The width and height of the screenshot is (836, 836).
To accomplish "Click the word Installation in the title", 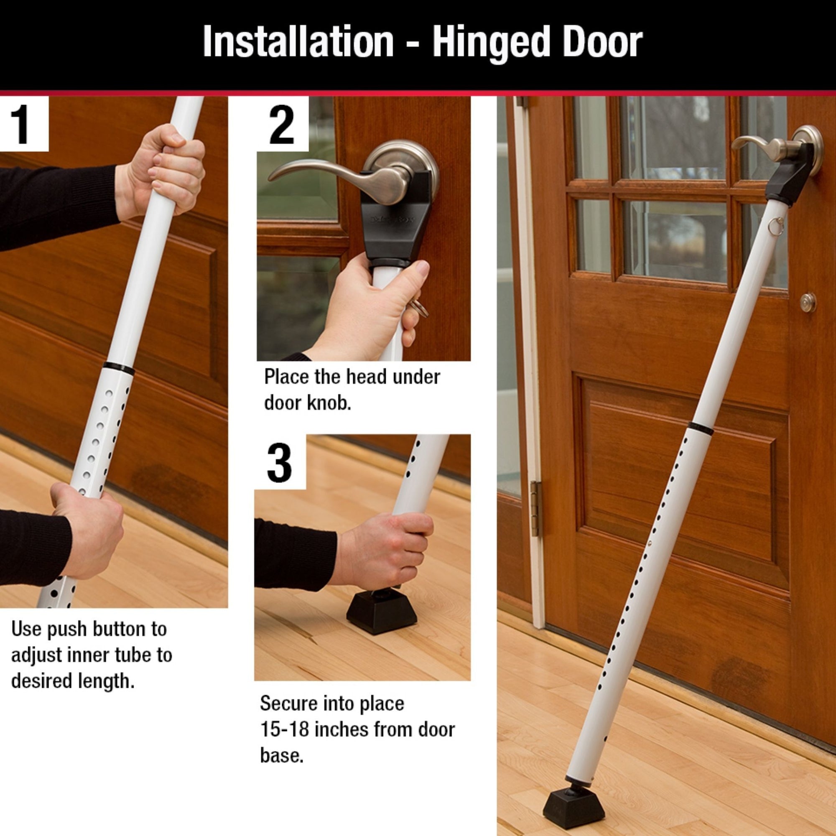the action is pyautogui.click(x=298, y=41).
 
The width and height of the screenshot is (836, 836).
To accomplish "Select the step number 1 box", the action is pyautogui.click(x=24, y=124).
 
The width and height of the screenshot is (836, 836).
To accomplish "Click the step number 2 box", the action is pyautogui.click(x=283, y=124).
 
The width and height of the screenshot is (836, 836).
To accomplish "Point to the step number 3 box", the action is pyautogui.click(x=280, y=462).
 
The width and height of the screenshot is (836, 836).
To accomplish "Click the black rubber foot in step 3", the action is pyautogui.click(x=381, y=611).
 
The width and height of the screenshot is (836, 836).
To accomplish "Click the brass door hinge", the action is pyautogui.click(x=536, y=509).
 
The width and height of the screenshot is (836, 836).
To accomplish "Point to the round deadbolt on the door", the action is pyautogui.click(x=808, y=303).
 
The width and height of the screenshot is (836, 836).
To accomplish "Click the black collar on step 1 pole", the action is pyautogui.click(x=119, y=368).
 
